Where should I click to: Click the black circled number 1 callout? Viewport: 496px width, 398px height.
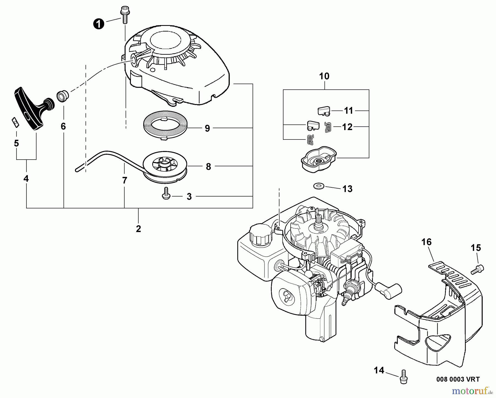(x=99, y=24)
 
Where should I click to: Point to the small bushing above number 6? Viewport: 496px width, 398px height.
(x=63, y=97)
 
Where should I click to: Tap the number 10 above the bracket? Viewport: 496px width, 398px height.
(x=324, y=76)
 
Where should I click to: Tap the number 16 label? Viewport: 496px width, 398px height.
(x=426, y=242)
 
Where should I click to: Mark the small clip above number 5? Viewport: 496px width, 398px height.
(x=15, y=121)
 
